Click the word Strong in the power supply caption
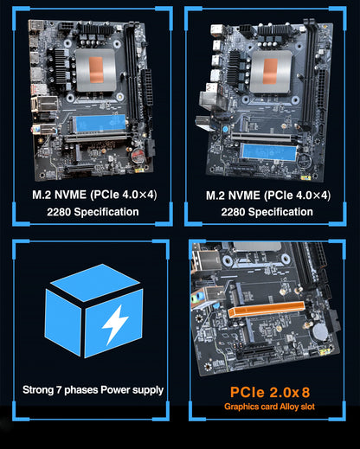click(41, 389)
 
